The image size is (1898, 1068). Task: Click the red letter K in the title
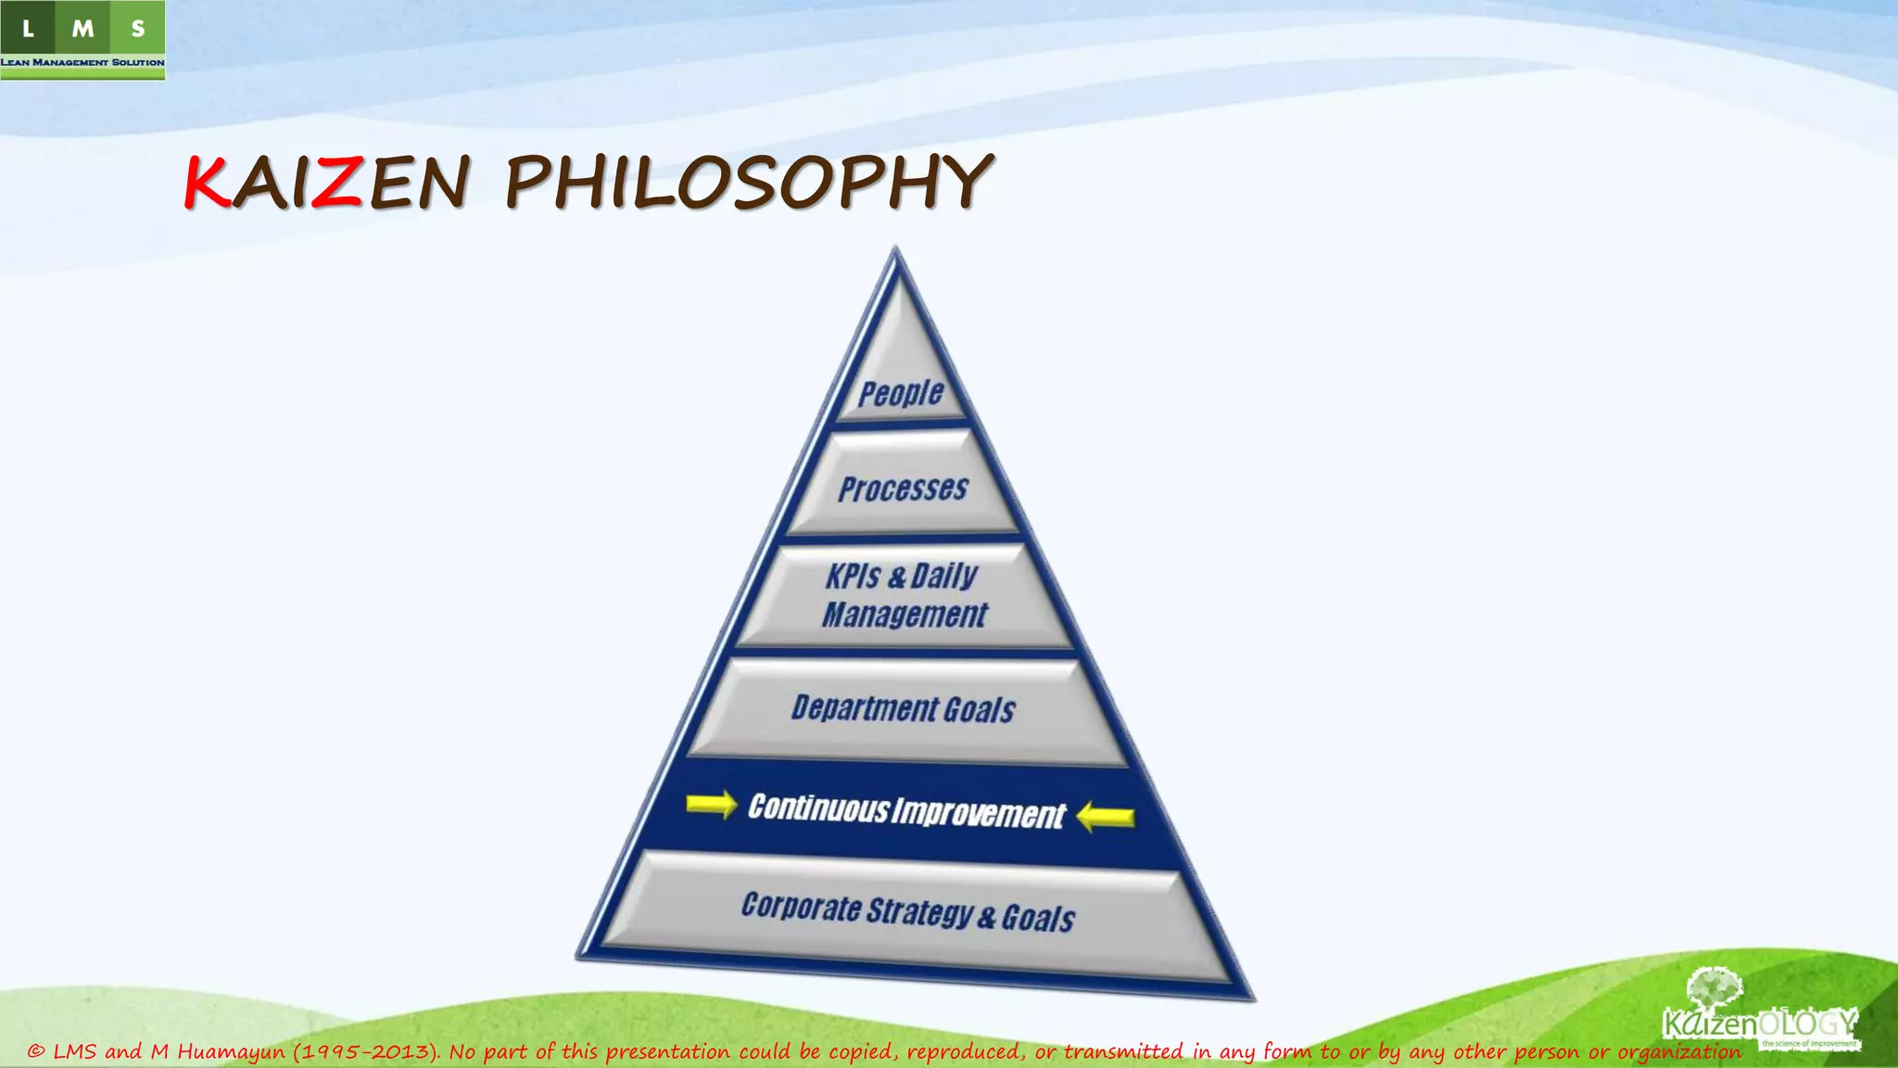[207, 183]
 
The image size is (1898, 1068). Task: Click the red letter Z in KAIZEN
[335, 183]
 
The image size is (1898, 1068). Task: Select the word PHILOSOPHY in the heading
[749, 183]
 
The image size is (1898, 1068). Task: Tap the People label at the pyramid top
[901, 393]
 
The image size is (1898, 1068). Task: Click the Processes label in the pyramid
[903, 489]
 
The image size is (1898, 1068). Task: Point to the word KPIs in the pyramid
[853, 576]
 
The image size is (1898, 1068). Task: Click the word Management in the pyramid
[905, 615]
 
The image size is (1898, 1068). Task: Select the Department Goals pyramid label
[904, 709]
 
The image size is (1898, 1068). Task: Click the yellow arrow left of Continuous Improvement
[711, 804]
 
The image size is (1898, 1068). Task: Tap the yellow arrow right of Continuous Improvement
[1106, 817]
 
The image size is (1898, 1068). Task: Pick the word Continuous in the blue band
[818, 808]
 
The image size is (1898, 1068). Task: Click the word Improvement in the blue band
[979, 813]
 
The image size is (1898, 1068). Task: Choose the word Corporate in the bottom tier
[801, 906]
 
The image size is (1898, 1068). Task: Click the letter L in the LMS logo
[28, 29]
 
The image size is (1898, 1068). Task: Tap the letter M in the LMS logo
[82, 29]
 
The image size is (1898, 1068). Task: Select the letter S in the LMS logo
[138, 29]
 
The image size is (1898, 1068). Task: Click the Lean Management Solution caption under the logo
[82, 62]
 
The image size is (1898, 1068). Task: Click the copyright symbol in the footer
[36, 1051]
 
